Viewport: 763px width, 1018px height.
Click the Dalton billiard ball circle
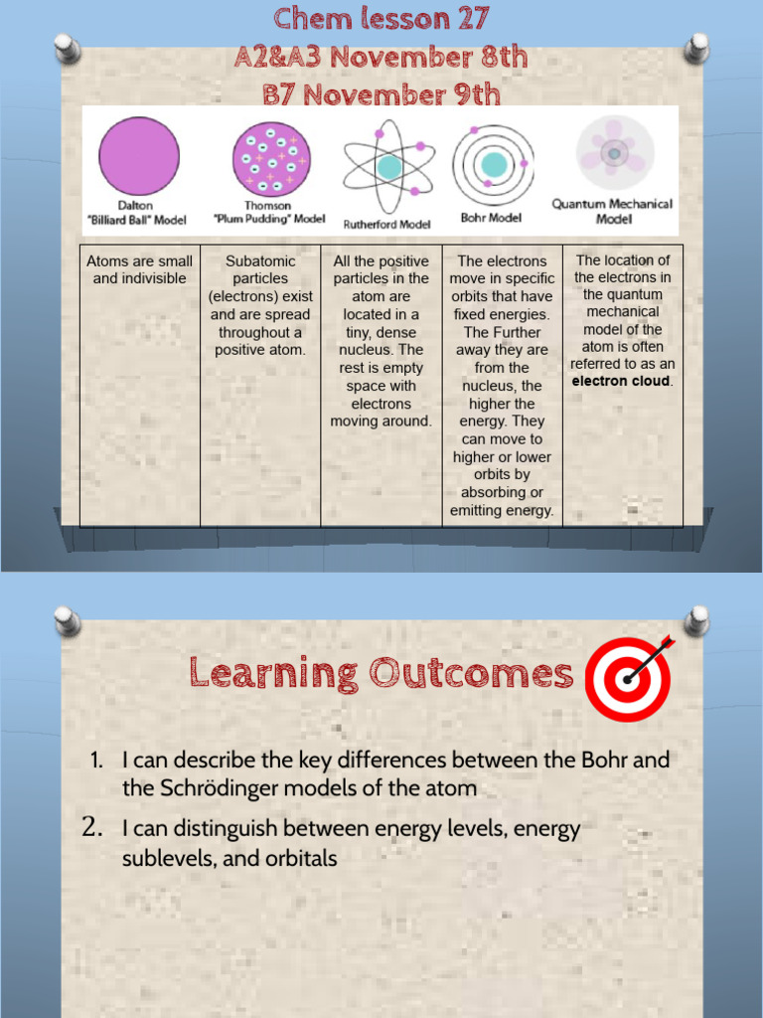point(139,156)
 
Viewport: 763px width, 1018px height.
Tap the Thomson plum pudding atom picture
point(271,157)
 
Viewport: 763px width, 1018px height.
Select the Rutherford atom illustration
point(387,166)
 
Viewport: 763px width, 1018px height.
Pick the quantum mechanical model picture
point(614,153)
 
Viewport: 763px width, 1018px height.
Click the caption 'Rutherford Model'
point(387,224)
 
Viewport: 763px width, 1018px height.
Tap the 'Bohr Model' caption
point(491,217)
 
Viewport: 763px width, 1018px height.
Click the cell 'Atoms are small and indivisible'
point(139,269)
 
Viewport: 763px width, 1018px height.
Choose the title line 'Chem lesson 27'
point(381,18)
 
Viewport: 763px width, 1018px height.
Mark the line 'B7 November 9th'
point(381,94)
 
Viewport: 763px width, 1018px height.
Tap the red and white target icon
point(629,679)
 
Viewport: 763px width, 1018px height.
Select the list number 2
point(92,827)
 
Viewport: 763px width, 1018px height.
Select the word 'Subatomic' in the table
point(260,260)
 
